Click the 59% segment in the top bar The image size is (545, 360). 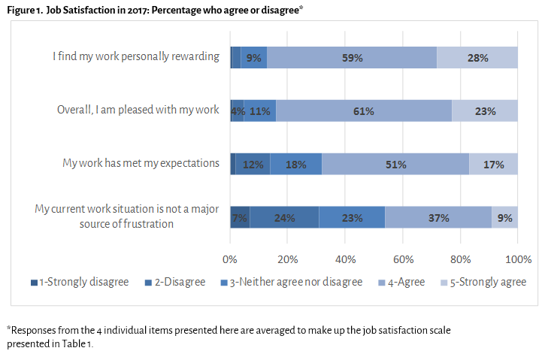pos(352,57)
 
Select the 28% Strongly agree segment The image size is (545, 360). pos(477,57)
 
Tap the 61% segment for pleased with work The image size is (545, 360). pos(364,111)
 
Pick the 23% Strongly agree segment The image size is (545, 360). pos(485,111)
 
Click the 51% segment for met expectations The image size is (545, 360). pos(395,165)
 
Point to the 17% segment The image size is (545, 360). pos(494,165)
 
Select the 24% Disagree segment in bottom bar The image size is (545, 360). pos(284,218)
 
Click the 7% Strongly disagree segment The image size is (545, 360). pos(240,218)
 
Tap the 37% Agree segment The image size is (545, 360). pos(438,218)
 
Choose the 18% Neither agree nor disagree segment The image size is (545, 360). pos(296,165)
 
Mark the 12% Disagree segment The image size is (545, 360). pos(253,165)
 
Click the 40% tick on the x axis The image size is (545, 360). pos(345,259)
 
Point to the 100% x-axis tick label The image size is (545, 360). pos(518,259)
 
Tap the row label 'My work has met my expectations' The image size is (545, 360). pos(141,163)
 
